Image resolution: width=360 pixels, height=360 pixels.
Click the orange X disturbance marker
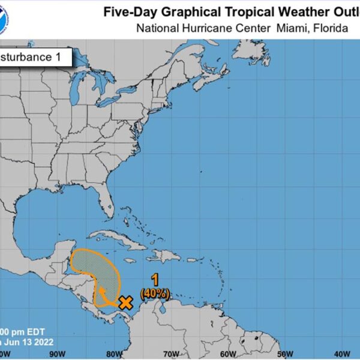pyautogui.click(x=125, y=302)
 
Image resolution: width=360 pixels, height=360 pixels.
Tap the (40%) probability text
pyautogui.click(x=155, y=293)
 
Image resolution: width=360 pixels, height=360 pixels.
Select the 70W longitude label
pyautogui.click(x=170, y=352)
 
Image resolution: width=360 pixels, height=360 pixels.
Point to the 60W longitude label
pyautogui.click(x=227, y=352)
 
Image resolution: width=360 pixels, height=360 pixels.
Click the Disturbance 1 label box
pyautogui.click(x=36, y=58)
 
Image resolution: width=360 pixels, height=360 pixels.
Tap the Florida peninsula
pyautogui.click(x=106, y=201)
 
